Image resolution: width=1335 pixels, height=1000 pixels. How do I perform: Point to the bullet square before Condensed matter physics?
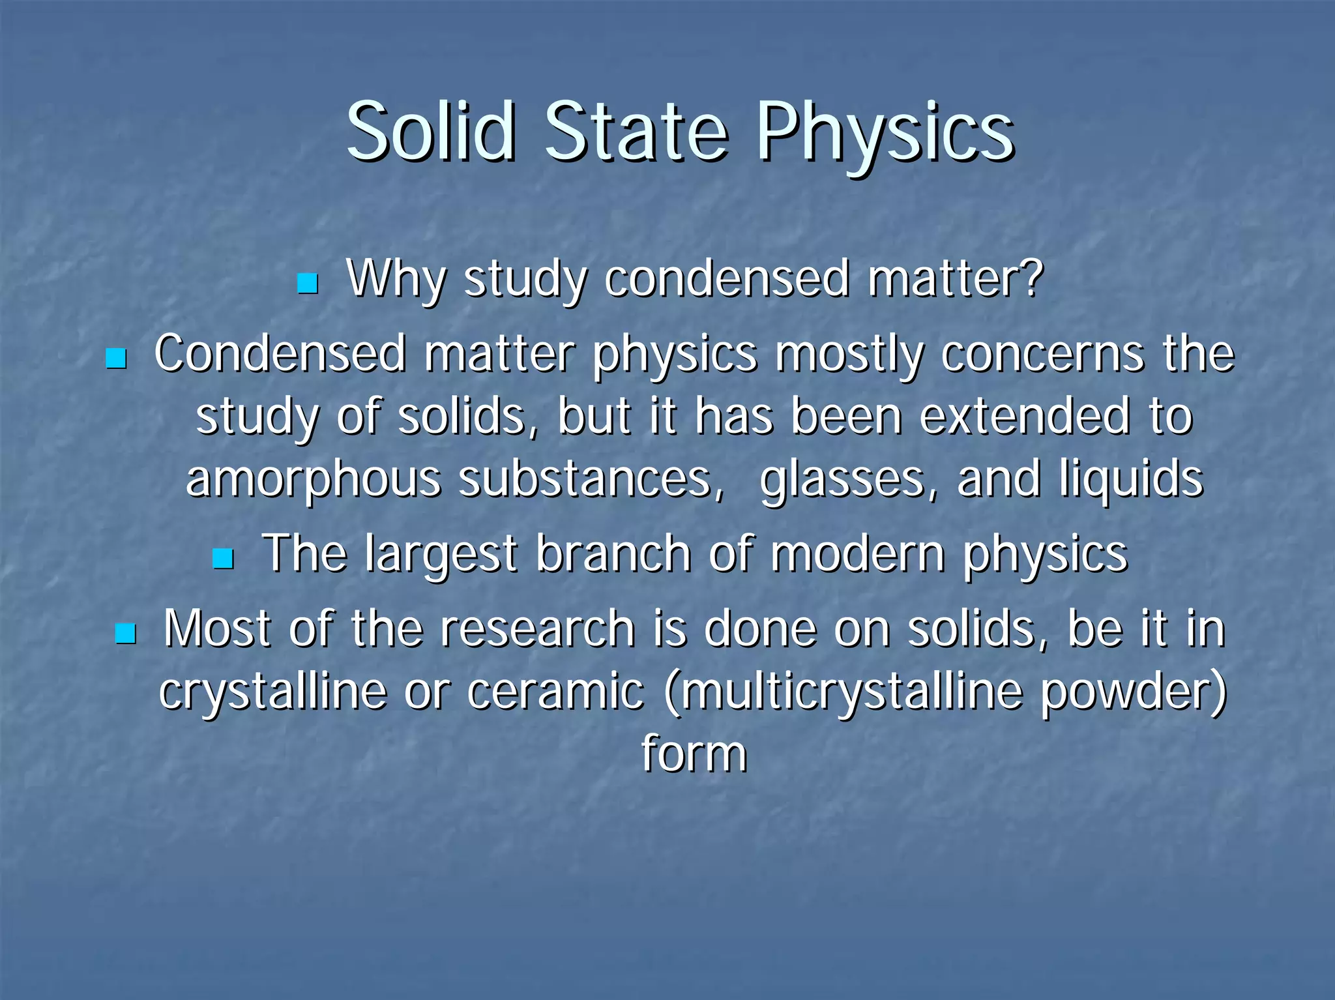point(116,358)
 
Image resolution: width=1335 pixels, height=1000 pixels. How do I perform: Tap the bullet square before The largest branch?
point(224,558)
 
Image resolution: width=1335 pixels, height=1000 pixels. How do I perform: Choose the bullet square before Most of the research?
point(125,633)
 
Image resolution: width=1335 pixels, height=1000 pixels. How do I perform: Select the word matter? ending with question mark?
point(956,279)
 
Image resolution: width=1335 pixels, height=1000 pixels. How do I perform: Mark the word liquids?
point(1131,479)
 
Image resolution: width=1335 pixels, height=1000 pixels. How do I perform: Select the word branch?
point(613,554)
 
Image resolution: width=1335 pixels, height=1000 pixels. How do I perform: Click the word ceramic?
point(555,691)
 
